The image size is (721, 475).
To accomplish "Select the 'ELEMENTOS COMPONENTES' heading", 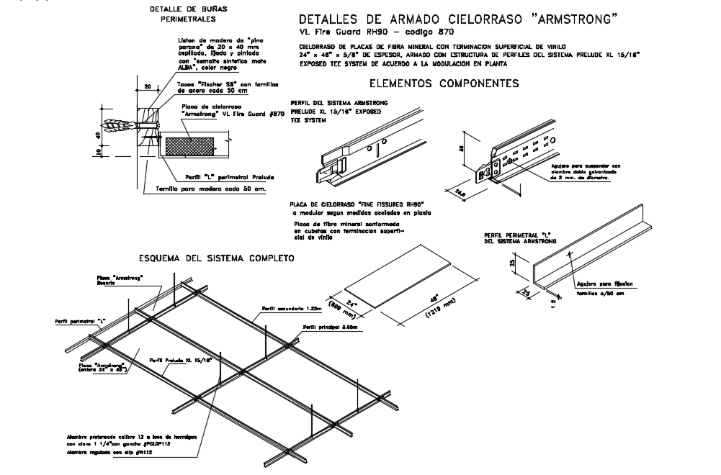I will coord(443,83).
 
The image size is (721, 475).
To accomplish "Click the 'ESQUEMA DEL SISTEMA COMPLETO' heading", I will coord(216,258).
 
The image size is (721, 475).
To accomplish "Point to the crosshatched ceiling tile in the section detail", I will coord(191,144).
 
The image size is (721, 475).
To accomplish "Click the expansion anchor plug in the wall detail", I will coord(119,127).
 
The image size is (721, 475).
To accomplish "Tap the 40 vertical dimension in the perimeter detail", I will coord(96,135).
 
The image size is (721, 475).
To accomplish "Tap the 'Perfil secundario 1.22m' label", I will coord(281,308).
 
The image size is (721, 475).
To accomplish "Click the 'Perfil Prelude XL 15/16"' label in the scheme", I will coord(180,359).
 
